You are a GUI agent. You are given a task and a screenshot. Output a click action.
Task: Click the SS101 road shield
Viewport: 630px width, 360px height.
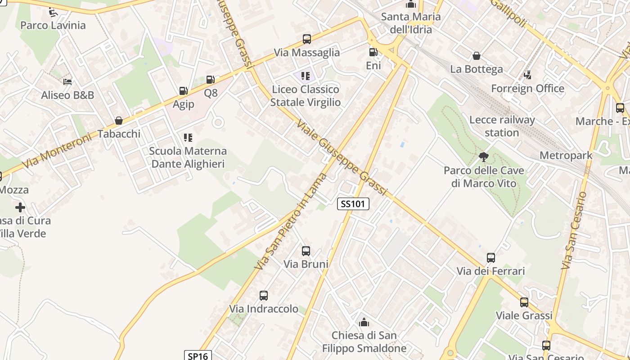(353, 204)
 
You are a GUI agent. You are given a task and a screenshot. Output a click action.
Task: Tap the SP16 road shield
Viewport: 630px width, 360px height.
(198, 356)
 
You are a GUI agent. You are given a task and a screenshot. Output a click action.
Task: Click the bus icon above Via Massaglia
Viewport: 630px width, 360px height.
(307, 39)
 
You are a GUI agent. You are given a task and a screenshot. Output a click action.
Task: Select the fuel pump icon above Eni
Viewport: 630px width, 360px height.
(373, 52)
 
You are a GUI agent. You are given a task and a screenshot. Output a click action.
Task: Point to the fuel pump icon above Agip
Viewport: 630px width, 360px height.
(183, 91)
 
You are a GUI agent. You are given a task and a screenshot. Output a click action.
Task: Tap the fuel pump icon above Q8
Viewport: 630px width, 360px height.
(210, 80)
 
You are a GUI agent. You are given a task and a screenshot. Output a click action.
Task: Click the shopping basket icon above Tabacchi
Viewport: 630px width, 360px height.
(119, 121)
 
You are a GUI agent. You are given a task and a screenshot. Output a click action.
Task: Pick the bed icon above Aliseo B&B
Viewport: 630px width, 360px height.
(67, 82)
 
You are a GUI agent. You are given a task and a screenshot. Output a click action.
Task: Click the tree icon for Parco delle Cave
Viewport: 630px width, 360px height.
(484, 157)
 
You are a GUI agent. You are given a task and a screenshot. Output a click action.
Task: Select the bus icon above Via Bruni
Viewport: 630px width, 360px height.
(306, 251)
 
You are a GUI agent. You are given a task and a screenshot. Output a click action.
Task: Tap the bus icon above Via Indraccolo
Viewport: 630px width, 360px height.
(264, 296)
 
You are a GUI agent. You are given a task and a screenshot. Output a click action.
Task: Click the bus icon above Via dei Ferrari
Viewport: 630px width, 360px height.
(491, 258)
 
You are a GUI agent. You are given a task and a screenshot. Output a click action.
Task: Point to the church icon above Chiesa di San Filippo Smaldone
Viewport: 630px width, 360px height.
(364, 322)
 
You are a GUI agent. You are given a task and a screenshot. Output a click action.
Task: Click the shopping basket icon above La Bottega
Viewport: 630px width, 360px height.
(476, 56)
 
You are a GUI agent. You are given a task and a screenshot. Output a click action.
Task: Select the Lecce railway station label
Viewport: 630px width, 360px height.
(502, 126)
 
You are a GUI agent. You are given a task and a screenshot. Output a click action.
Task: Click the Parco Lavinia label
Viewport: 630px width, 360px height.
(53, 25)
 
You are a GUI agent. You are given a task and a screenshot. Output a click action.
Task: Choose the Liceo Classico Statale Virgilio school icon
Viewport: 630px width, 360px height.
(306, 76)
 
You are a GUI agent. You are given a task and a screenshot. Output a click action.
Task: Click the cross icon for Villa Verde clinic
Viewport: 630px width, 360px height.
(20, 207)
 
